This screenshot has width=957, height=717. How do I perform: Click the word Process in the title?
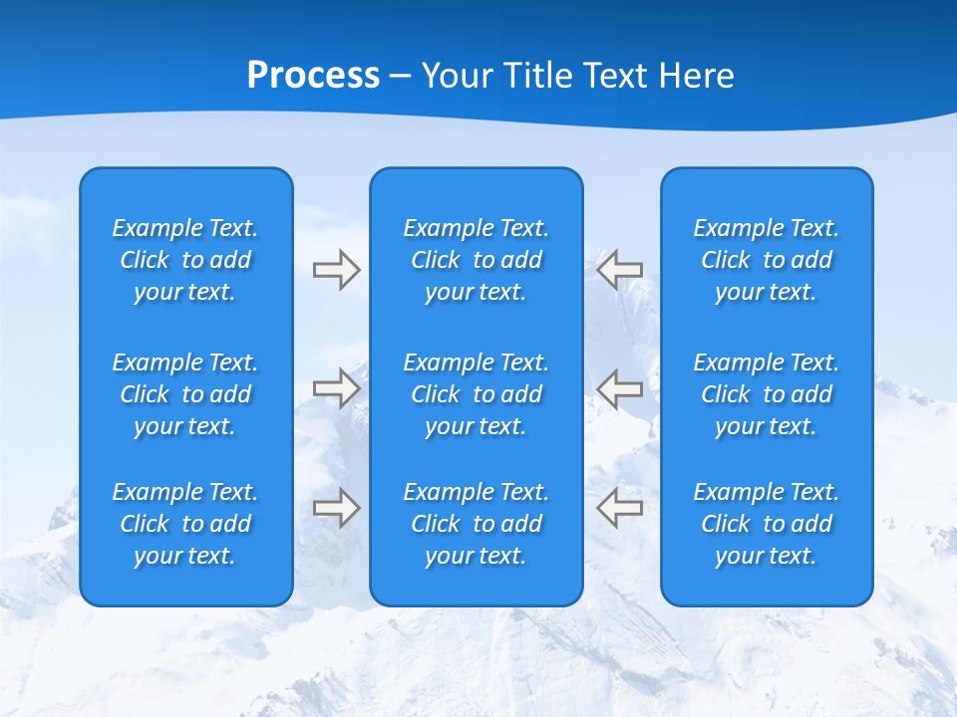(x=313, y=76)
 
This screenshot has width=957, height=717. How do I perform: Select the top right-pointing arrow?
(x=336, y=270)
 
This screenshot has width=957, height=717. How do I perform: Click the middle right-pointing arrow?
(x=336, y=387)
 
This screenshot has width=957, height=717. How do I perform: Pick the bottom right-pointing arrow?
(x=336, y=507)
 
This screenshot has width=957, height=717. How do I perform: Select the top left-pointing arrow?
(x=620, y=269)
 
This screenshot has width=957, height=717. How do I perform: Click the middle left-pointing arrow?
(x=620, y=387)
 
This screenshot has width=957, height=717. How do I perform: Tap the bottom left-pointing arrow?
(x=620, y=507)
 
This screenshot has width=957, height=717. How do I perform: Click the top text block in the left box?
(x=185, y=260)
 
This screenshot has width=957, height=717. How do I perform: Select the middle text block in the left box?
(x=185, y=394)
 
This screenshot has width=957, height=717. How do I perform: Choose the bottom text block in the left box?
(x=185, y=524)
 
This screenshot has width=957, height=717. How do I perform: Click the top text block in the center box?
(x=477, y=260)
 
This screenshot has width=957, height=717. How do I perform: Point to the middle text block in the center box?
(x=477, y=394)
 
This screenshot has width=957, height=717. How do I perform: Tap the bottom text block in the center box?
(x=477, y=524)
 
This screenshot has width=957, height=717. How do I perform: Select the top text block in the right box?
(x=767, y=260)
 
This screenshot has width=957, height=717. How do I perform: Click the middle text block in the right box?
(x=767, y=394)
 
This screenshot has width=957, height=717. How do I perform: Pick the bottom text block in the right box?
(x=767, y=524)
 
